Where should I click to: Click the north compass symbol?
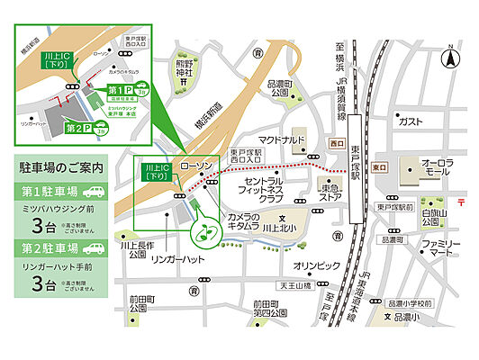[447, 59]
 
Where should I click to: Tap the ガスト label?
[410, 121]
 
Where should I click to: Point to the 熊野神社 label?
[184, 69]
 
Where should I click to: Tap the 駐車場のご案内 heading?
[61, 167]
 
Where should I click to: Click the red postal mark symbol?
[461, 201]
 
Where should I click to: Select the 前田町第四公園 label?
[268, 308]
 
